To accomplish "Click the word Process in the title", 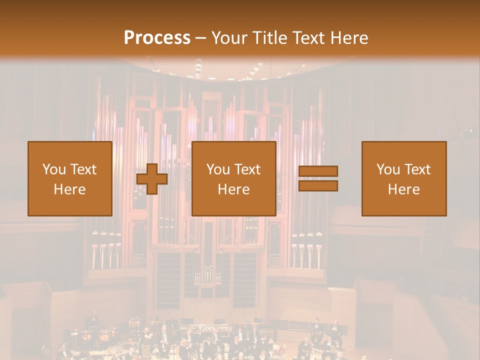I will (x=157, y=38).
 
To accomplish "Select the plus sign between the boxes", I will (x=152, y=179).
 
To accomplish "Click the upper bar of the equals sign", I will (x=318, y=171).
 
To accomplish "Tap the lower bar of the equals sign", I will (x=318, y=185).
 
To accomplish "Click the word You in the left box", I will (x=54, y=169).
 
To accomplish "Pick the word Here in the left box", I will (x=69, y=189).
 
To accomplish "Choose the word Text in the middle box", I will (x=247, y=169).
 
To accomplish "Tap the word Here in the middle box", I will (x=233, y=189).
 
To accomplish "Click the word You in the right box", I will (x=388, y=169).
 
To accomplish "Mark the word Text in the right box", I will (x=417, y=169).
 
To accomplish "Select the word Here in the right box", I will (x=403, y=189).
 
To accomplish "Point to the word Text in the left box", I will (x=83, y=169).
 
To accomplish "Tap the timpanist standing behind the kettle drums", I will (x=93, y=320).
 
